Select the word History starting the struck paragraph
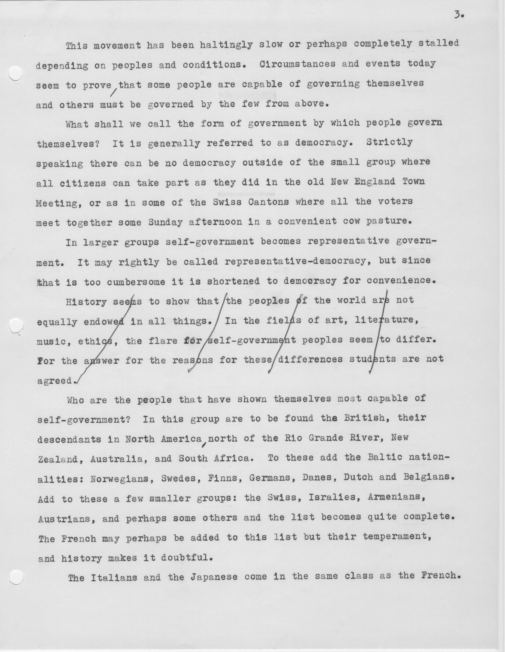point(86,302)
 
